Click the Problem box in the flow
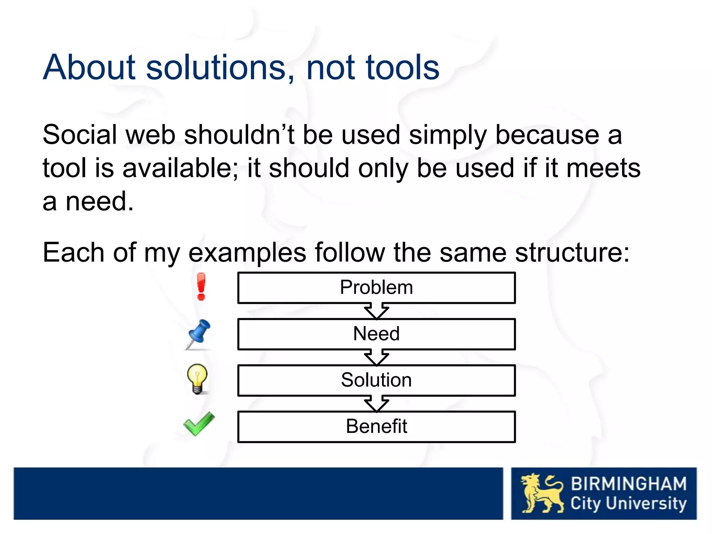point(376,288)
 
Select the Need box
point(376,334)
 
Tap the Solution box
point(376,380)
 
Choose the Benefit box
point(376,427)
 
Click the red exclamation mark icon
point(201,287)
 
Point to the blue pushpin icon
point(198,334)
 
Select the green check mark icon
point(199,424)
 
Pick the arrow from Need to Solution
point(376,357)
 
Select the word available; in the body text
point(180,168)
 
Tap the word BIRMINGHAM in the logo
point(629,484)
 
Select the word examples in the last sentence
point(247,253)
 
